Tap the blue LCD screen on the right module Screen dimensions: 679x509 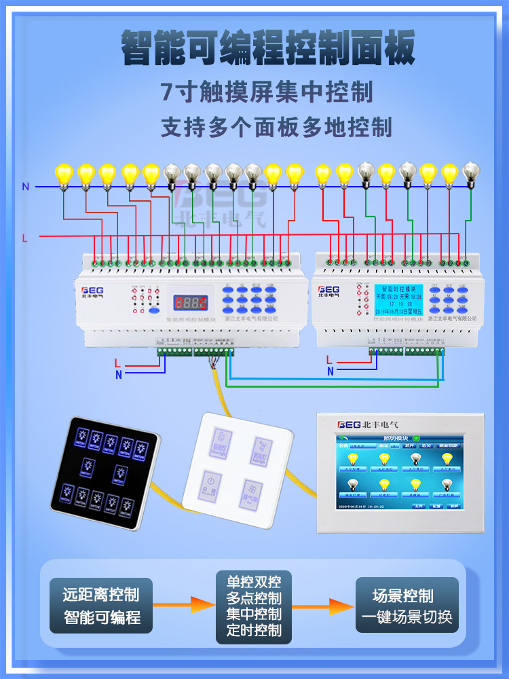coord(398,300)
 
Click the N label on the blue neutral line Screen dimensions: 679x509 coord(26,187)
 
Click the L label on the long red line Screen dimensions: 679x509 coord(25,238)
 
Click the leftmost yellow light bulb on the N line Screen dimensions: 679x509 coord(63,175)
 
